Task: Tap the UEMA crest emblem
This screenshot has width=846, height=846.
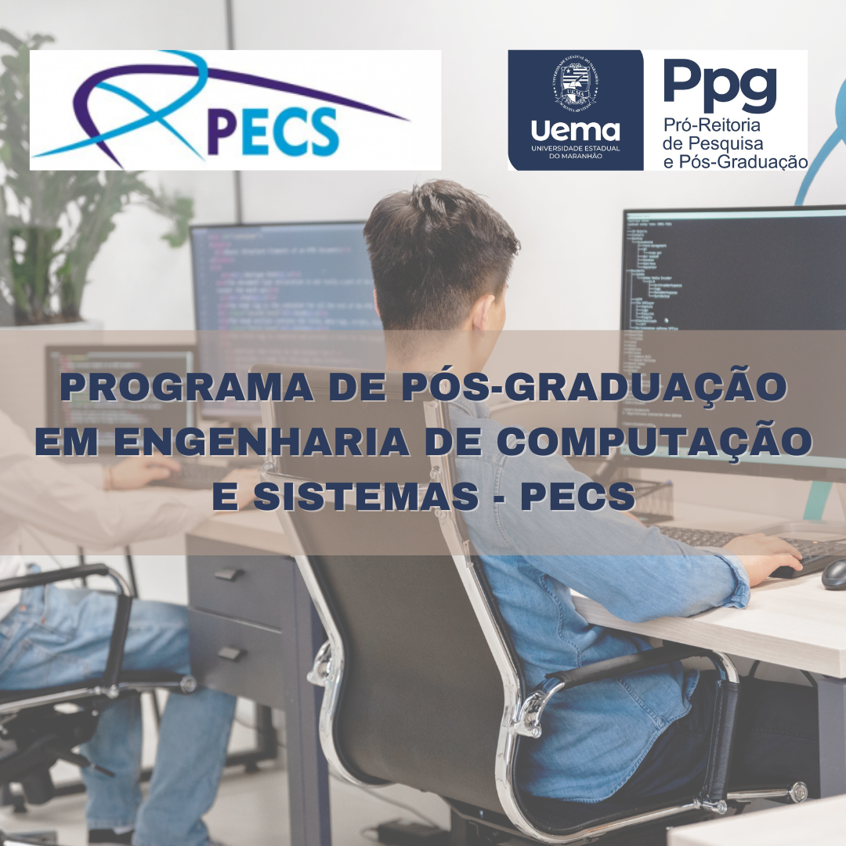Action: click(x=575, y=82)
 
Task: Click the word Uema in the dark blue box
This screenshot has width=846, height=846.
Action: click(x=575, y=131)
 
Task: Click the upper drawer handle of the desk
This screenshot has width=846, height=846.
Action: click(x=228, y=574)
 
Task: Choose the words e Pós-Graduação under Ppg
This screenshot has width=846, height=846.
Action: click(x=735, y=161)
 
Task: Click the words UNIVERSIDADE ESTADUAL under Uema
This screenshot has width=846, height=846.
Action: click(x=575, y=148)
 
